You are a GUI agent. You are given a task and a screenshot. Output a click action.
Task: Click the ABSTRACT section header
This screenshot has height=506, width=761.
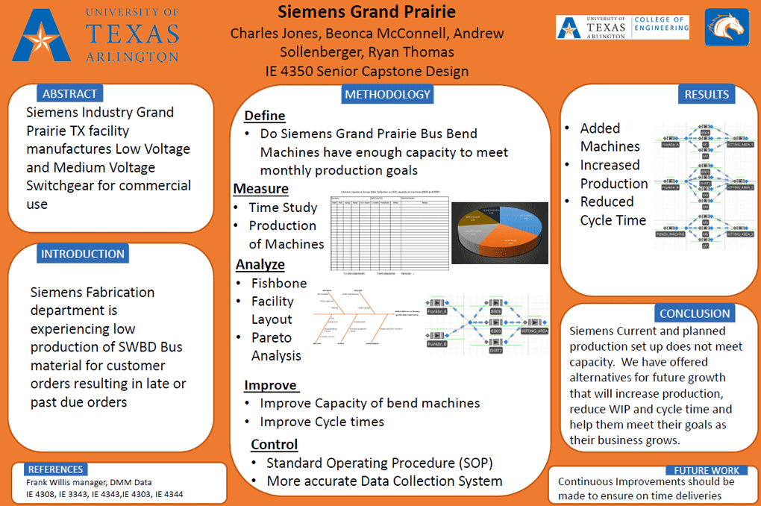(x=69, y=93)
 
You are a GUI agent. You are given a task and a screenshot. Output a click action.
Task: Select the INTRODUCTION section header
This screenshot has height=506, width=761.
(x=82, y=254)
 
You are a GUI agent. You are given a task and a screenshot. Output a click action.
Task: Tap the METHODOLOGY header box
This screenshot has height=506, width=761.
(x=387, y=94)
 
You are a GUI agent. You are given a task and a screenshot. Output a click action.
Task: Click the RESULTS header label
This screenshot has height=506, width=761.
(x=706, y=94)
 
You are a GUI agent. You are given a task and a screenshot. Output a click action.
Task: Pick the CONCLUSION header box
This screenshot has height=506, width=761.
(x=694, y=313)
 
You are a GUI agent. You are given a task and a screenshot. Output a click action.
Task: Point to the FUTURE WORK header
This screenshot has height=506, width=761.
(x=706, y=470)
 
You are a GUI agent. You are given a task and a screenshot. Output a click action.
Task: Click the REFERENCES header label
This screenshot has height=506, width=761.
(x=55, y=469)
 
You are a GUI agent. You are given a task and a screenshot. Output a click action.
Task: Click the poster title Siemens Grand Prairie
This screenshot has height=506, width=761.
(x=366, y=13)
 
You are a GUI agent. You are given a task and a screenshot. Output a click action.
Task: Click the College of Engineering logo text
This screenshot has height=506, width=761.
(x=661, y=25)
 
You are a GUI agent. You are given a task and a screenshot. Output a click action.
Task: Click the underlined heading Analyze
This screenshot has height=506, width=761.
(x=260, y=264)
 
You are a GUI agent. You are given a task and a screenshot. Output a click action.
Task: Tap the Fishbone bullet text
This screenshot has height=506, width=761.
(x=278, y=283)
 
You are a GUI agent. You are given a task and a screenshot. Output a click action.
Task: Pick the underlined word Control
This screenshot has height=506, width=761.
(x=274, y=444)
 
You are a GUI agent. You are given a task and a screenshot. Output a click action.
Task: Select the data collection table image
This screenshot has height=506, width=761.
(x=387, y=231)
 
